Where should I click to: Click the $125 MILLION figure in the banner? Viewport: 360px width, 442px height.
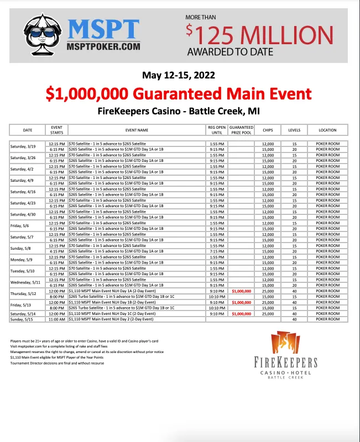260,35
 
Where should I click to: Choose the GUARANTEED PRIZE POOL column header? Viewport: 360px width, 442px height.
241,130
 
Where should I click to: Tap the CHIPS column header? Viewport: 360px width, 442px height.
268,130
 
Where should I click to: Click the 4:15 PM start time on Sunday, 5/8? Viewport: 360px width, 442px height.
58,251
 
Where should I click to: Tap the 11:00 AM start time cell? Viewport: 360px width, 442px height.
58,319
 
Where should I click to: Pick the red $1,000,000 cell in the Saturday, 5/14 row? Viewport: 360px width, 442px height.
241,314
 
